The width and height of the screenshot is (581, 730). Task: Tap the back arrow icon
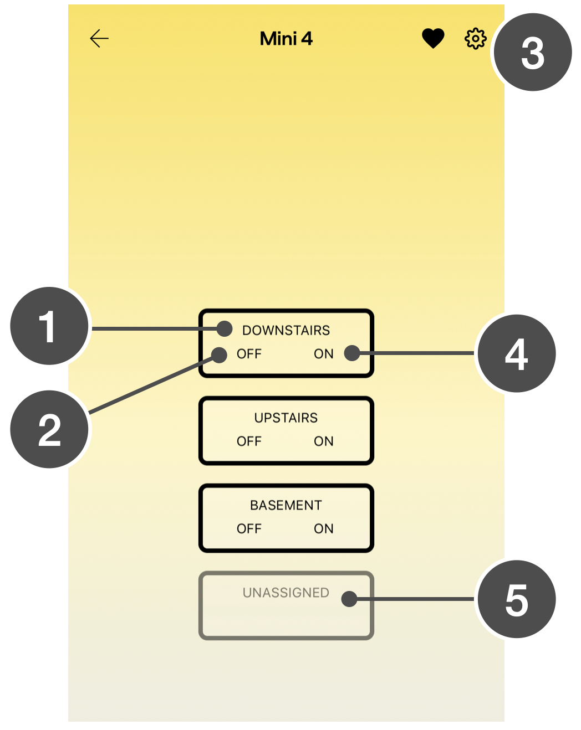[99, 38]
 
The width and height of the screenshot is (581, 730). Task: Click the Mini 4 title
[286, 39]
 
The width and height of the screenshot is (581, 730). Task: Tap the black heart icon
[433, 38]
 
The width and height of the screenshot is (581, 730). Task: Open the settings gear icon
[475, 39]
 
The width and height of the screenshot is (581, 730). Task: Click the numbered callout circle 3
[532, 53]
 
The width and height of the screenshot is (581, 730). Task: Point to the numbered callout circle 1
[49, 326]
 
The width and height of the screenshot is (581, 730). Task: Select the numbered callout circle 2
[49, 430]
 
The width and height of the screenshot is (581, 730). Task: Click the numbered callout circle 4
[517, 354]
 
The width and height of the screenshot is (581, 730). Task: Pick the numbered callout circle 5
[517, 599]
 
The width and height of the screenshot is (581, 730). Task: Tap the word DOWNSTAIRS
[286, 331]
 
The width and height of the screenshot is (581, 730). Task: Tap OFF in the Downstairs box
[249, 354]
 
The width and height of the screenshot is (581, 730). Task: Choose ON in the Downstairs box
[324, 354]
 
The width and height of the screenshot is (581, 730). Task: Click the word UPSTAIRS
[286, 418]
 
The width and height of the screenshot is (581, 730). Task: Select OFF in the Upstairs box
[249, 441]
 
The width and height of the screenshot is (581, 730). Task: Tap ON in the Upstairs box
[324, 441]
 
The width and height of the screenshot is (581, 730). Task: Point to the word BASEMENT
[286, 506]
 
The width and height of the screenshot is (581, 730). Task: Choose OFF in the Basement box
[249, 529]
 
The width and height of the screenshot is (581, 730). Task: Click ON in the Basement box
[324, 529]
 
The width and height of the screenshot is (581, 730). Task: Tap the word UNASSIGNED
[286, 593]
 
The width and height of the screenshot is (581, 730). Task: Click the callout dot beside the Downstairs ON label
[352, 353]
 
